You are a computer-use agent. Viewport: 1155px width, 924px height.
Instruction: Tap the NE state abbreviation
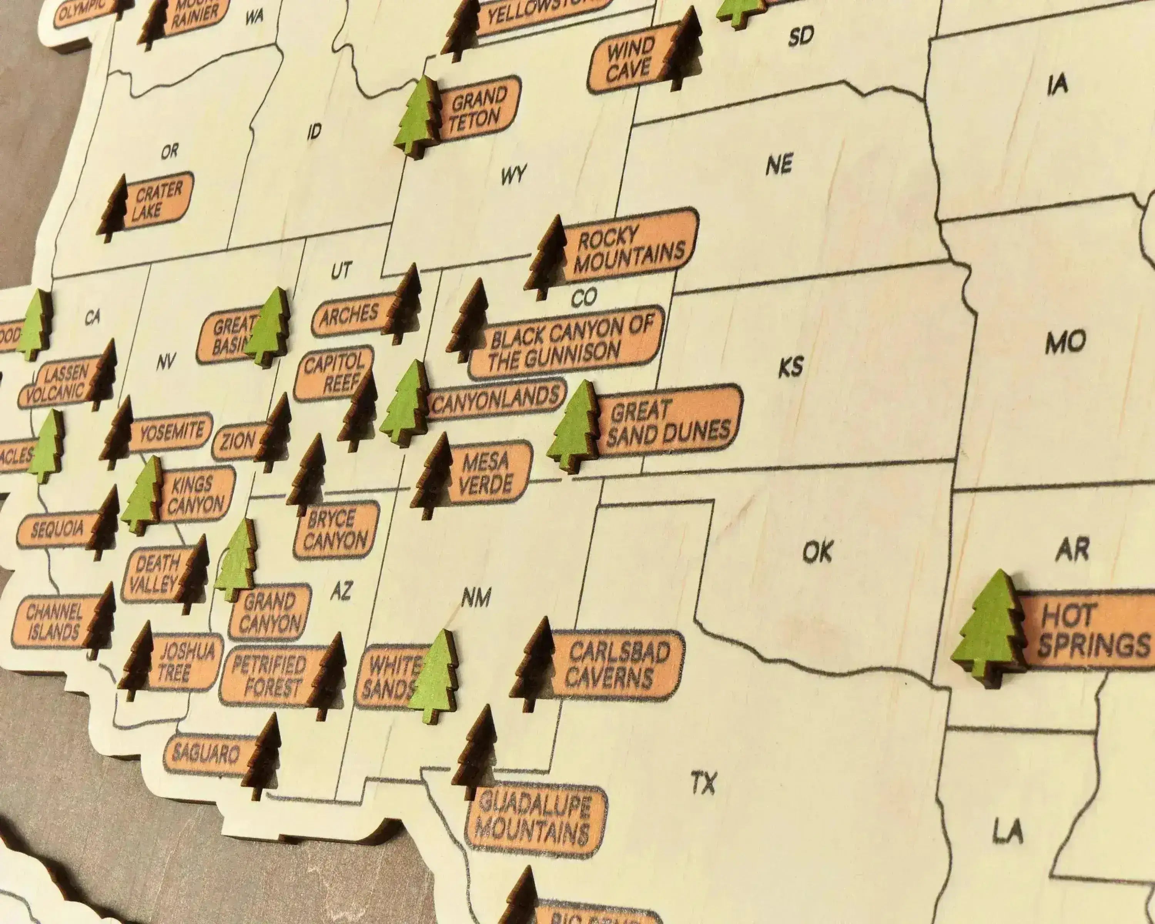point(778,164)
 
